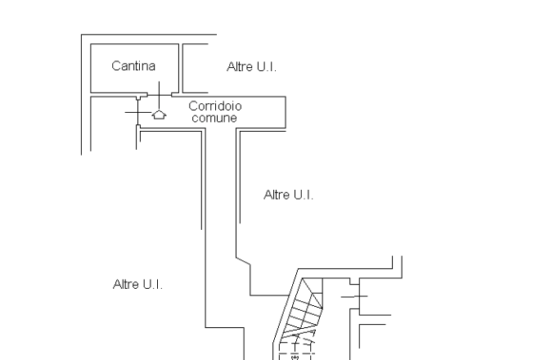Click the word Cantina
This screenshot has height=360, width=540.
pos(133,66)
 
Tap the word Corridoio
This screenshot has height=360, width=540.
pos(214,106)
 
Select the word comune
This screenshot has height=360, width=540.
pos(214,119)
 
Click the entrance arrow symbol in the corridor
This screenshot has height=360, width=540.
pos(159,115)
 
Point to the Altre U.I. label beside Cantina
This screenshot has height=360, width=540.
pos(251,66)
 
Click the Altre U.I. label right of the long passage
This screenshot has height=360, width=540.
pos(289,195)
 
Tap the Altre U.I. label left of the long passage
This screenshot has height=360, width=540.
pos(137,285)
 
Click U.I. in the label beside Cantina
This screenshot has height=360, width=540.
pos(266,66)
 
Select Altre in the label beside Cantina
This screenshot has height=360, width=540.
pos(239,66)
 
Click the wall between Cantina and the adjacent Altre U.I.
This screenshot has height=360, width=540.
pos(180,70)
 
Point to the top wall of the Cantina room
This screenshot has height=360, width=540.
pos(133,46)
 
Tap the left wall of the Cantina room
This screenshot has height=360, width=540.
pos(90,70)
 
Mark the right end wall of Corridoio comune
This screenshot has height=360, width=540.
pos(286,111)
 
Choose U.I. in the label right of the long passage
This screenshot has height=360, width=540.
pos(303,195)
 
